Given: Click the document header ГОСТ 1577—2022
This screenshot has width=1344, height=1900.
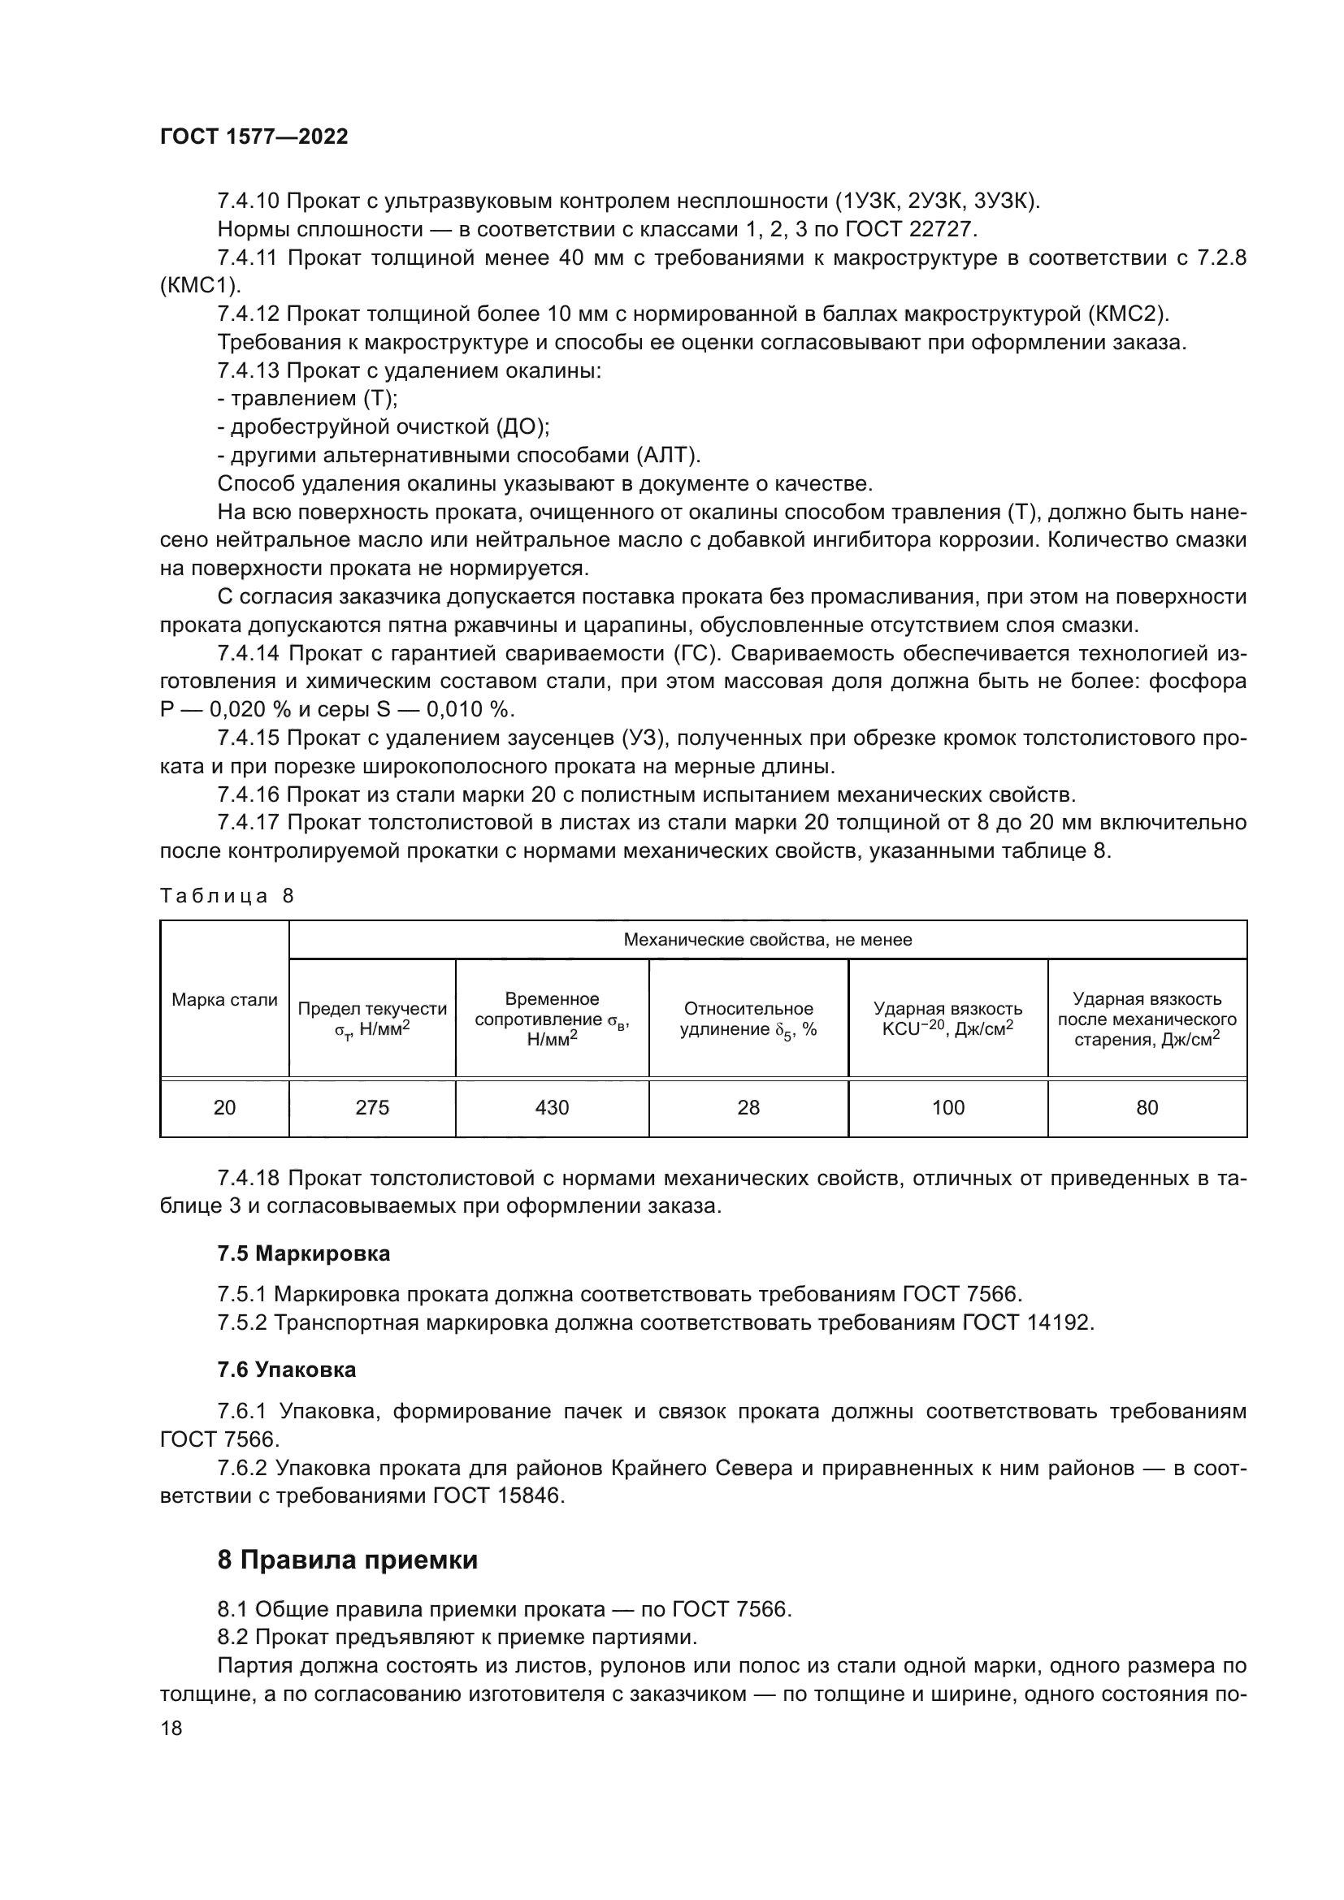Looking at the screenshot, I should click(254, 136).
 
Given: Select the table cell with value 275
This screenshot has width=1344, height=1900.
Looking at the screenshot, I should click(371, 1107).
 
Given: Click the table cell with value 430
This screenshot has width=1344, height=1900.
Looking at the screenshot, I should click(552, 1107).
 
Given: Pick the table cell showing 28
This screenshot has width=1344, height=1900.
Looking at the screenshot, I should click(748, 1107).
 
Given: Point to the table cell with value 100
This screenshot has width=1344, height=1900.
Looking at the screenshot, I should click(947, 1107).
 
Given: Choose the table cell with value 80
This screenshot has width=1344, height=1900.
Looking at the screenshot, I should click(1147, 1107).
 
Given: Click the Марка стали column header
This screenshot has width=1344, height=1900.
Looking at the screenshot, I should click(224, 1000).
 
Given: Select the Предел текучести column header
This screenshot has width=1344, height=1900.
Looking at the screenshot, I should click(371, 1019).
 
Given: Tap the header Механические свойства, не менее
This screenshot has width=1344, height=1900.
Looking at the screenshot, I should click(767, 939).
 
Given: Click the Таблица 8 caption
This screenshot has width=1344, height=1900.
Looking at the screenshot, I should click(227, 895).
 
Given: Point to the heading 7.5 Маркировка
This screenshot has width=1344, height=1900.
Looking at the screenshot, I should click(304, 1253).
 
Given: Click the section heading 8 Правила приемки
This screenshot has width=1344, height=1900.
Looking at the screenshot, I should click(348, 1560).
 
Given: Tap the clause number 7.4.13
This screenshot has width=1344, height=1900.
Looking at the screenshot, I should click(249, 370).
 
